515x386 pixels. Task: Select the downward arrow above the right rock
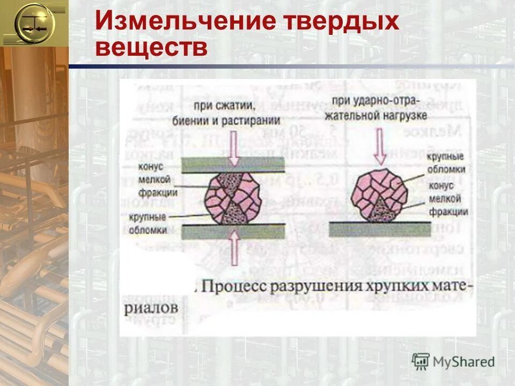[380, 145]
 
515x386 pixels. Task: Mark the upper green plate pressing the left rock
[233, 165]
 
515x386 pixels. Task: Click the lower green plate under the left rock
[233, 231]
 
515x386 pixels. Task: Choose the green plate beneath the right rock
[380, 229]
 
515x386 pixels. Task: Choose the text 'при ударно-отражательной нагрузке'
[379, 107]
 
